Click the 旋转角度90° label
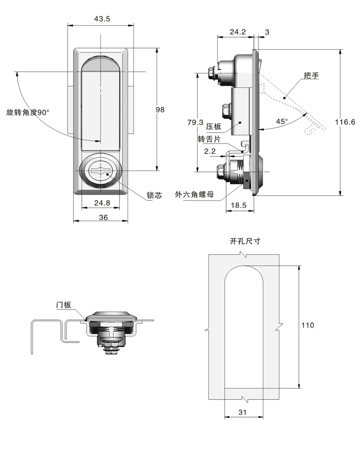click(27, 112)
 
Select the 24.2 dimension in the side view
click(238, 32)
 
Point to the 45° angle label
click(282, 122)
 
